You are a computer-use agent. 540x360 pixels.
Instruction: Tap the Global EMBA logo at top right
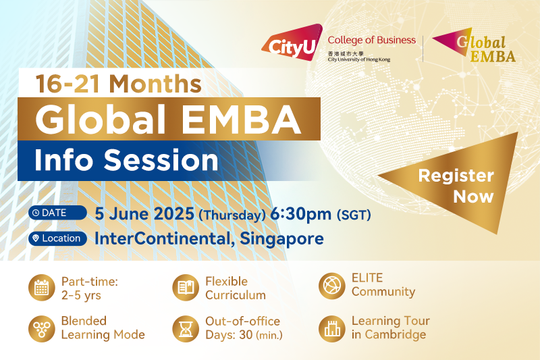[475, 45]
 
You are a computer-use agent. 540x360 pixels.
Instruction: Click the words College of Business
[372, 40]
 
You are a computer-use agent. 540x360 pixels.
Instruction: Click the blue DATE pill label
[57, 213]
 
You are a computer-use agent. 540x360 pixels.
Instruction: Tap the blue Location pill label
[57, 238]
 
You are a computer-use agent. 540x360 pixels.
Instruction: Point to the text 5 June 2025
[144, 213]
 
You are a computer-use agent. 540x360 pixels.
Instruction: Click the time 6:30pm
[300, 214]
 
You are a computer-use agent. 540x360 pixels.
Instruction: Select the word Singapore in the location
[281, 238]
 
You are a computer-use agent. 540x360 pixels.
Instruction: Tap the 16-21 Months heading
[119, 84]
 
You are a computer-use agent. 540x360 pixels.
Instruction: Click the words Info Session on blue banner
[126, 160]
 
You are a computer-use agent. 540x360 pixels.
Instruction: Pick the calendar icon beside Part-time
[42, 288]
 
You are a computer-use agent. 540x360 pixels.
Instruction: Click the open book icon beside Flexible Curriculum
[186, 288]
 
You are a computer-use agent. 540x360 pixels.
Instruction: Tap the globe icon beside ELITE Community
[332, 286]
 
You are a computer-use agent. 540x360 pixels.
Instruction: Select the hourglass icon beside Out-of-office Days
[186, 329]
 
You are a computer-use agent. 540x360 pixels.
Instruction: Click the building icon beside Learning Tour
[332, 329]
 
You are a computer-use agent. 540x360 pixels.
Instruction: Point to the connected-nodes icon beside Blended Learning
[42, 329]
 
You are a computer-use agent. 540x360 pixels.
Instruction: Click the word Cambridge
[396, 334]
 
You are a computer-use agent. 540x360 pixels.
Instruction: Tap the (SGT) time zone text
[354, 215]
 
